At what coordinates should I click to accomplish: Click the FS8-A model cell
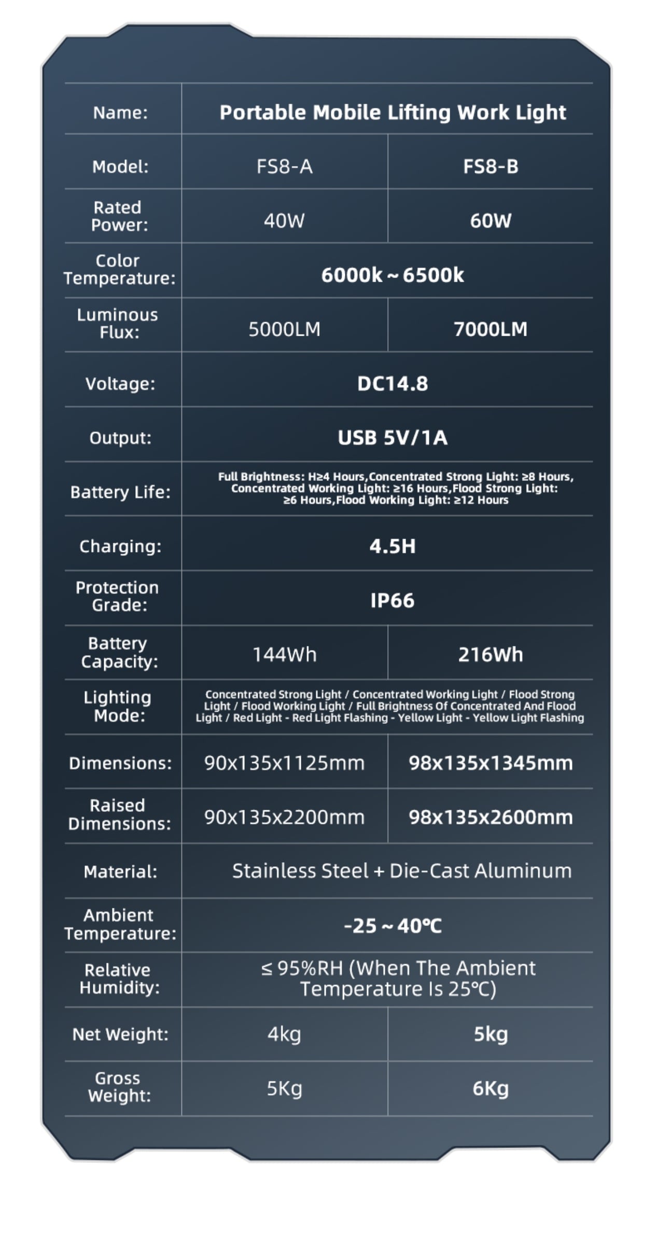click(284, 167)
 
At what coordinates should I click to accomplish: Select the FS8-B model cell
click(490, 167)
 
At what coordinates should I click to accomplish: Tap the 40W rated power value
click(284, 221)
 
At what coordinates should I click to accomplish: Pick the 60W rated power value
click(490, 221)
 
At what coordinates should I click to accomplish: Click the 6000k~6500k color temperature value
click(392, 275)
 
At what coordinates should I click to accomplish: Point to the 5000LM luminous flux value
click(284, 329)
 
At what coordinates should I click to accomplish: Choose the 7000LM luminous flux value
click(490, 329)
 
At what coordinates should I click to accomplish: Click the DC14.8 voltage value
click(392, 384)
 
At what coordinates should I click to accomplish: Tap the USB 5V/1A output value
click(392, 438)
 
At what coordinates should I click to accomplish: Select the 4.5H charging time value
click(392, 546)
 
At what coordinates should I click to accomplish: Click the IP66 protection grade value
click(392, 601)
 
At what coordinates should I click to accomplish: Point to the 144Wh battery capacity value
click(284, 655)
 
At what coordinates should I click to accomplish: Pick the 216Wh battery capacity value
click(490, 655)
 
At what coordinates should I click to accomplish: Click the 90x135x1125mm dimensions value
click(284, 763)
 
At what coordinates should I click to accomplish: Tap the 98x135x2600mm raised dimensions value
click(490, 818)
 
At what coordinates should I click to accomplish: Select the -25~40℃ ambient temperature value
click(392, 926)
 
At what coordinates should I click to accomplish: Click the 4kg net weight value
click(284, 1034)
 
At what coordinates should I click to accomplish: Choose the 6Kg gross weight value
click(490, 1088)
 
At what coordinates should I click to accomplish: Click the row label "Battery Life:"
click(120, 492)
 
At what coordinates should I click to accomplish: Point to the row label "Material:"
click(120, 872)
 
